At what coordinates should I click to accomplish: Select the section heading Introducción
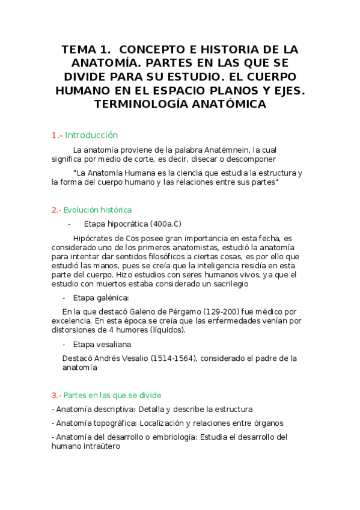click(91, 135)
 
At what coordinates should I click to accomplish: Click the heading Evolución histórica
click(97, 210)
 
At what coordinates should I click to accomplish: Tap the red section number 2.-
click(56, 210)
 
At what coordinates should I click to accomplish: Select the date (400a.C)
click(166, 224)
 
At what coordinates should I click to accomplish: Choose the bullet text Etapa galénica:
click(100, 298)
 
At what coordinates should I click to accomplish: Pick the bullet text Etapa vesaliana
click(102, 345)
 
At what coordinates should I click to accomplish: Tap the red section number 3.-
click(56, 395)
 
